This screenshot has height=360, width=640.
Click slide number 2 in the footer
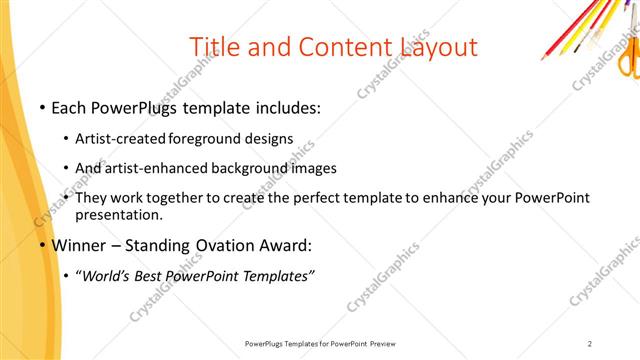[x=590, y=344]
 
